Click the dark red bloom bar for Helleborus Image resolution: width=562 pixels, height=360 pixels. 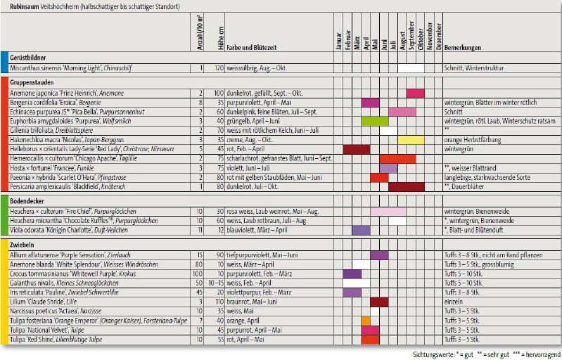(x=356, y=149)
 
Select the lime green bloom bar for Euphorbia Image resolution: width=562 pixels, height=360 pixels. (x=374, y=121)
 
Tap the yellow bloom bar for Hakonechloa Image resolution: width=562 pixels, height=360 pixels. (x=411, y=140)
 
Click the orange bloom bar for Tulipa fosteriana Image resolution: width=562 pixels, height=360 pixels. (x=365, y=321)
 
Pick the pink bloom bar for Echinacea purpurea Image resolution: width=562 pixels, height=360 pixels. (x=402, y=112)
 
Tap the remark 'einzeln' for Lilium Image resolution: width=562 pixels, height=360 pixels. (x=453, y=302)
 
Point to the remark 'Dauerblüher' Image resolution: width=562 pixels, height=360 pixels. (x=471, y=187)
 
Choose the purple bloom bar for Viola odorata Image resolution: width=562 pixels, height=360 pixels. (x=361, y=230)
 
